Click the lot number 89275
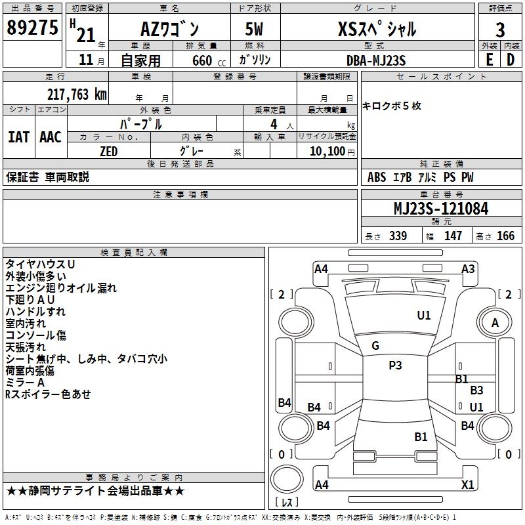(x=32, y=28)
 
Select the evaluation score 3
(x=500, y=30)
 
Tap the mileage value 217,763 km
(x=77, y=94)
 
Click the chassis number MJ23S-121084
(x=441, y=209)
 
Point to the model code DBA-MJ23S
(x=376, y=60)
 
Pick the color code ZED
(x=109, y=152)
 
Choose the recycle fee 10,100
(x=327, y=152)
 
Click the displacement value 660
(x=202, y=60)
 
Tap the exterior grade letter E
(x=489, y=60)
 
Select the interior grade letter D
(x=511, y=60)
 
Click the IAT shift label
(x=18, y=137)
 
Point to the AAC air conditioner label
(x=51, y=137)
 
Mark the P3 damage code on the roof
(x=395, y=366)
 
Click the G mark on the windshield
(x=375, y=346)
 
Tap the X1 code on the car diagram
(x=467, y=484)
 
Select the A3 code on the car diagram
(x=468, y=269)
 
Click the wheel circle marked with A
(x=495, y=322)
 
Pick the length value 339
(x=398, y=236)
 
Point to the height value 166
(x=505, y=236)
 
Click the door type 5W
(x=254, y=29)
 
